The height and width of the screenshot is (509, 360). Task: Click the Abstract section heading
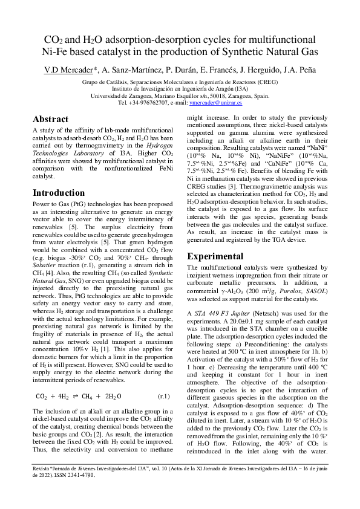click(50, 119)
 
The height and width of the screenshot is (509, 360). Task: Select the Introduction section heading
click(59, 193)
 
